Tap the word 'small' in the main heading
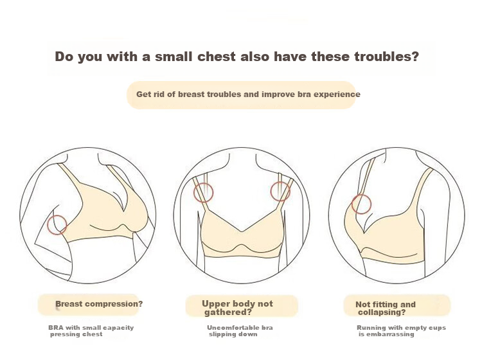[174, 57]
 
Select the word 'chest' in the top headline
[217, 57]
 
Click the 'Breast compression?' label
[99, 303]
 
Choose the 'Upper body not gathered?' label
[237, 308]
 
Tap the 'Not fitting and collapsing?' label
[386, 308]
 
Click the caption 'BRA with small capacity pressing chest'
[91, 331]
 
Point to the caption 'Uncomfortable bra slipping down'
[240, 331]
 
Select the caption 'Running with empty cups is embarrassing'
[401, 331]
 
